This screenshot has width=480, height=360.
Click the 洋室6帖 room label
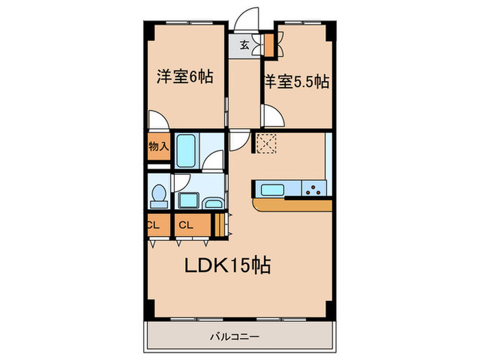coord(184,76)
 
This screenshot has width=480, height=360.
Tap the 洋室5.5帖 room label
coord(296,82)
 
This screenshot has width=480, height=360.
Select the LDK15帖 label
coord(226,265)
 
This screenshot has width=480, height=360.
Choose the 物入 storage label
coord(158,146)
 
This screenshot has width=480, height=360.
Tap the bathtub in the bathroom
coord(187,150)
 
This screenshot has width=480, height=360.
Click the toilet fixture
coord(159,196)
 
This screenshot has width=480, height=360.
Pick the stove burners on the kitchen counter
coord(315,189)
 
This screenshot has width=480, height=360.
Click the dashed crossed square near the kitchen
coord(265,143)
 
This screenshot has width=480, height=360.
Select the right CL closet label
coord(185,225)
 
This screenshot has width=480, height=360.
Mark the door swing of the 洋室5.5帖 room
coord(270,115)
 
